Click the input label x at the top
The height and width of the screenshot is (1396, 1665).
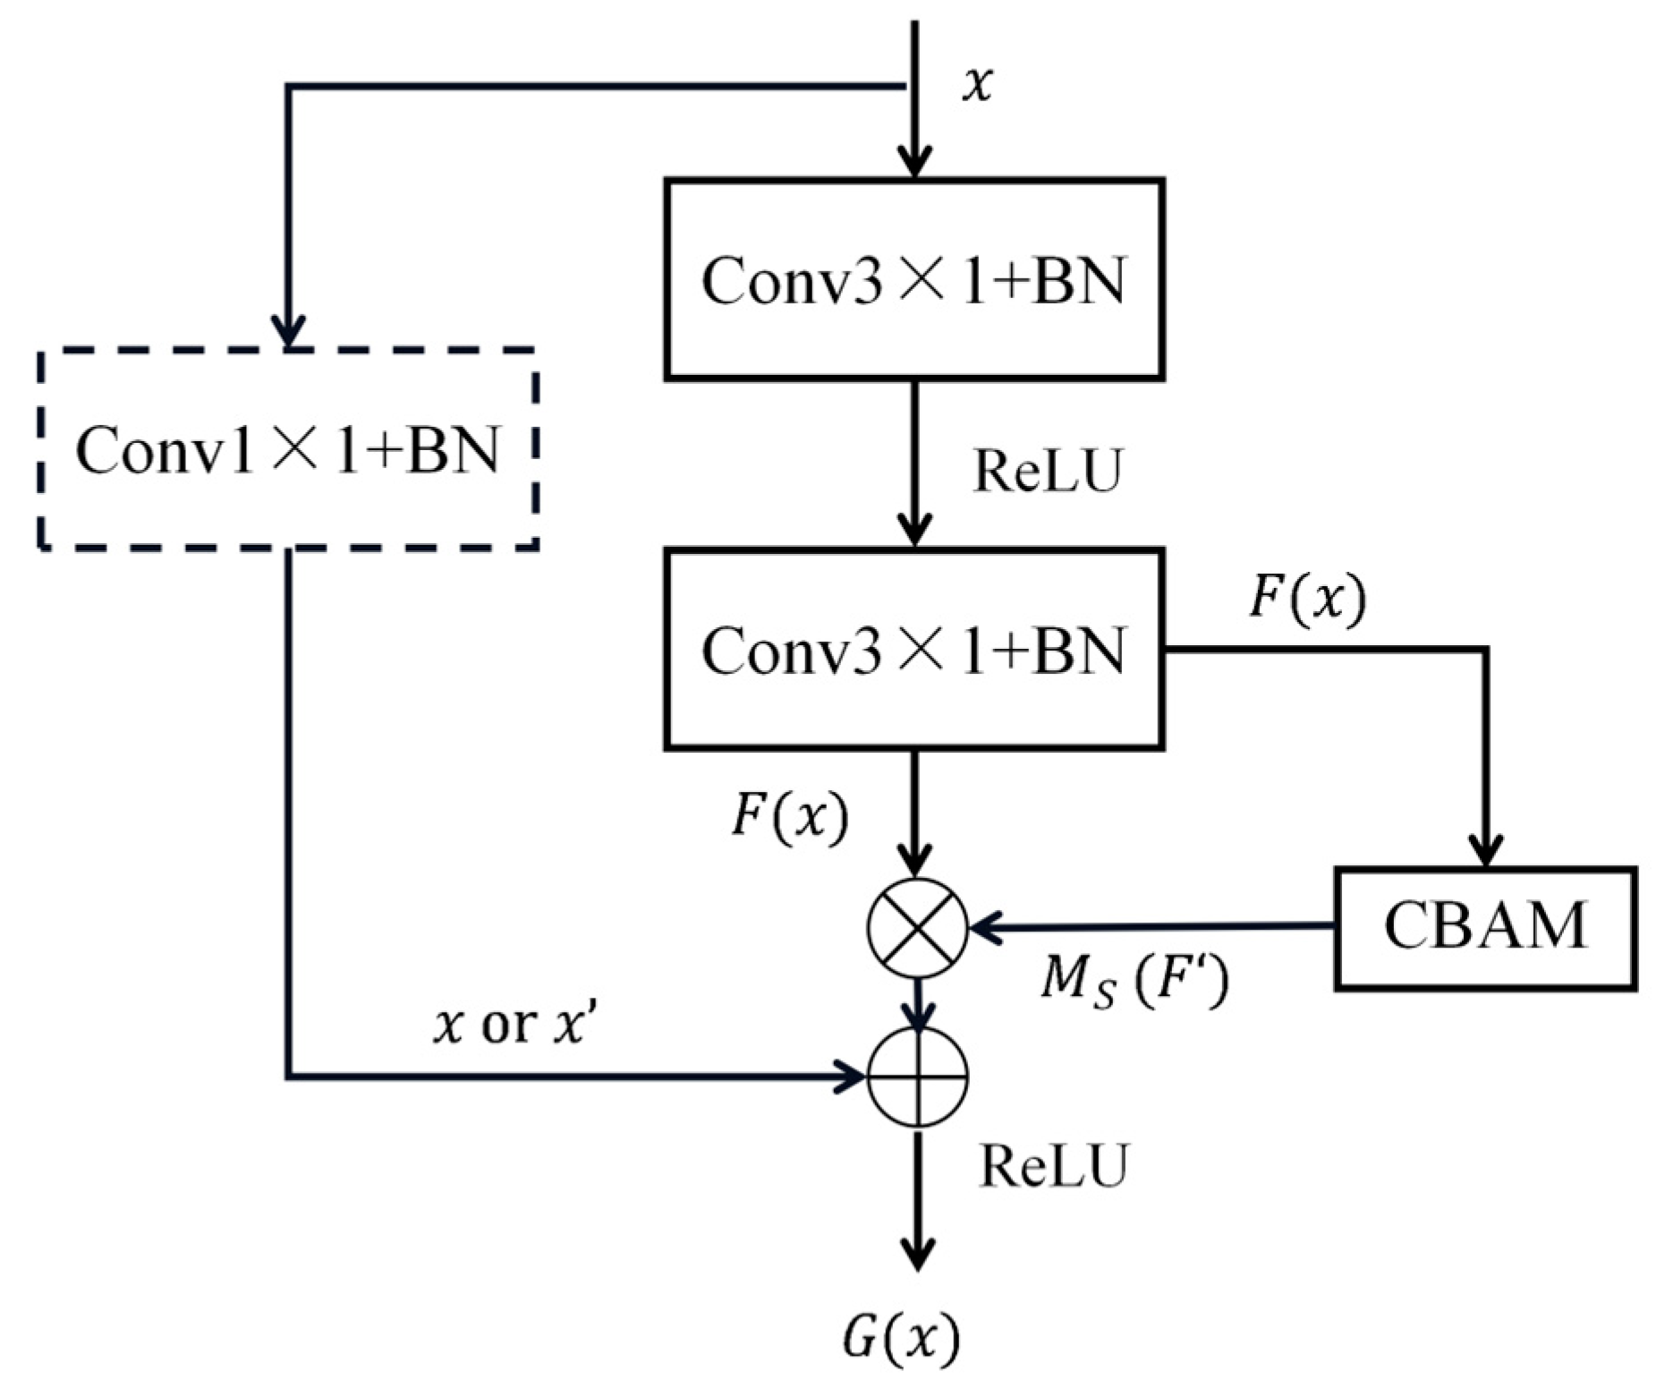977,86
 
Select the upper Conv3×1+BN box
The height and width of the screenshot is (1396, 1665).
913,279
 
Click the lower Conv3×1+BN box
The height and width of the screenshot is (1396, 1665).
913,649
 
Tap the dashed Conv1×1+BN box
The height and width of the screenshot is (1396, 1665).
288,448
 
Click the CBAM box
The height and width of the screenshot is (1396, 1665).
1485,928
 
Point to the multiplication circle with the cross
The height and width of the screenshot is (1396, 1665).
917,928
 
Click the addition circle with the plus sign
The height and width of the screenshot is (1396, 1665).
918,1077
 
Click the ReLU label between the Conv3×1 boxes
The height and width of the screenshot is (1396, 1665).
1047,471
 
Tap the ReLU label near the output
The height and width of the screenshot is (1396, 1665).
1053,1166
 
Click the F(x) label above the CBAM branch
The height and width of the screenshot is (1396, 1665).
1307,599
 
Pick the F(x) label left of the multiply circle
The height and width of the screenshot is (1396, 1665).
789,818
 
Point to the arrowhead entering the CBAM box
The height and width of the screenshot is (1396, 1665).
1486,850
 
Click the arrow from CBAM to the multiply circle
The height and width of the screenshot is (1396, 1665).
1154,928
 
